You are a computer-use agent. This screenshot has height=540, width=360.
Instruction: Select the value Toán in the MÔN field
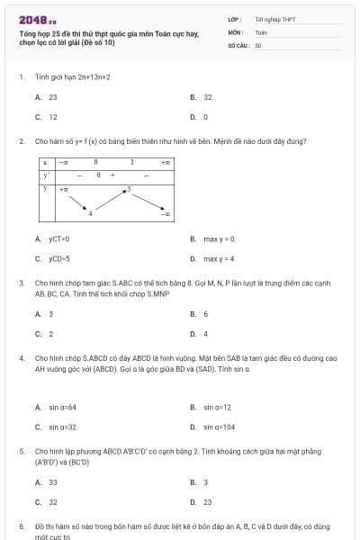pyautogui.click(x=261, y=31)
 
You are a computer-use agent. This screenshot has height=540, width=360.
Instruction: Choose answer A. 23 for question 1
pyautogui.click(x=47, y=96)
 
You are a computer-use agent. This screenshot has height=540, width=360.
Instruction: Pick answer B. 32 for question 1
pyautogui.click(x=202, y=96)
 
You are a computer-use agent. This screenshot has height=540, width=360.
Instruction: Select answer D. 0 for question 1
pyautogui.click(x=200, y=117)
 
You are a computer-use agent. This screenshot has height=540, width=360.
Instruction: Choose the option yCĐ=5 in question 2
pyautogui.click(x=54, y=259)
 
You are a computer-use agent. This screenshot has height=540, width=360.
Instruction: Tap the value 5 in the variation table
pyautogui.click(x=129, y=189)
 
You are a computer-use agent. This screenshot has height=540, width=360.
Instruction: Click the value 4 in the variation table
pyautogui.click(x=90, y=213)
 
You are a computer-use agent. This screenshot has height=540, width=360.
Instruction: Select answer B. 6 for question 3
pyautogui.click(x=200, y=314)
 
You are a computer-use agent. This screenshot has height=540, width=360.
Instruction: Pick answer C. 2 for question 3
pyautogui.click(x=45, y=334)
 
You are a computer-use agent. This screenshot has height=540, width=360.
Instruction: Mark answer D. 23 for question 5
pyautogui.click(x=202, y=502)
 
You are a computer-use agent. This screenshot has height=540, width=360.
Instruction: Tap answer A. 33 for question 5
pyautogui.click(x=47, y=482)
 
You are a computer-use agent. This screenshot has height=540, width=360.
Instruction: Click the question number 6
pyautogui.click(x=21, y=525)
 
